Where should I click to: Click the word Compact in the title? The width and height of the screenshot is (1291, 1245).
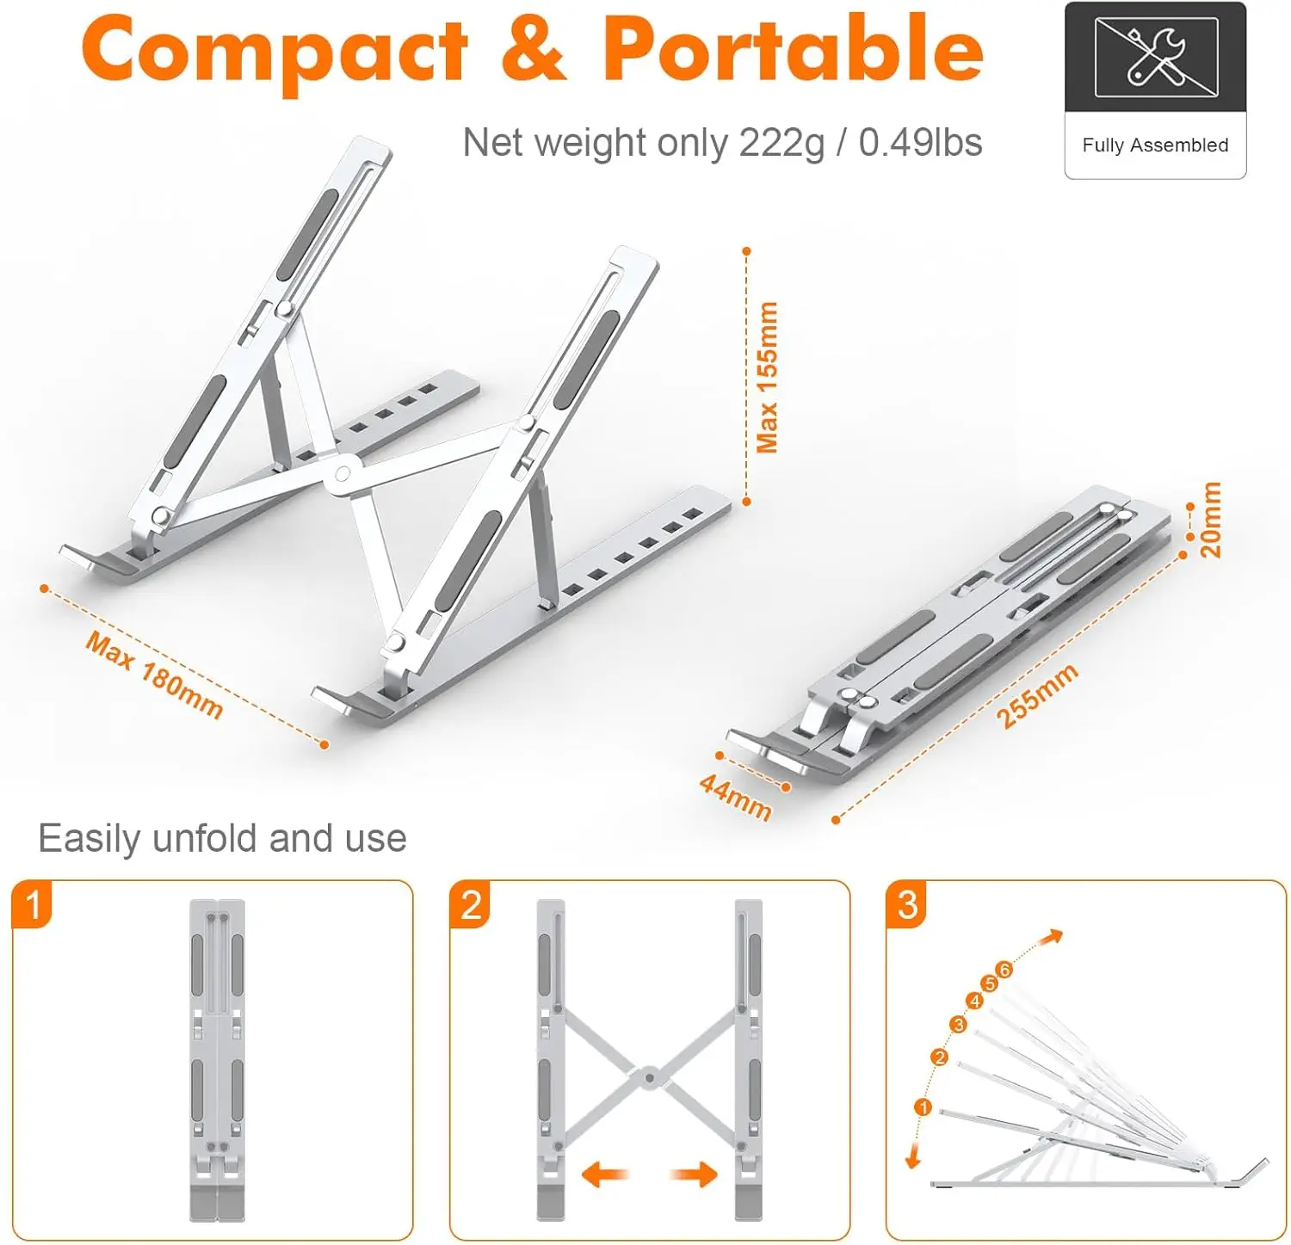275,50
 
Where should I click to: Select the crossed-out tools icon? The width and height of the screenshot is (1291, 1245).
1156,58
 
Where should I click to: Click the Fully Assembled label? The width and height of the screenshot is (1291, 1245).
1155,145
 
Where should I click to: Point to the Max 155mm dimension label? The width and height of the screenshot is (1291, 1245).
767,377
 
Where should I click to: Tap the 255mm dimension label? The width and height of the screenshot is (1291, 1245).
1037,696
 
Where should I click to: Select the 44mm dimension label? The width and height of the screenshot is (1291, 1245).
735,798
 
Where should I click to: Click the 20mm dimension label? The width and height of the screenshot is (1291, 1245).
1210,520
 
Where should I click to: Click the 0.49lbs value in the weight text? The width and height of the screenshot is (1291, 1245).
920,142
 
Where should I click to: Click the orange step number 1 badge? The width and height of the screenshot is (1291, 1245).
32,904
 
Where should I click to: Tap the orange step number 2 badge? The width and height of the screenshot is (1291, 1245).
470,904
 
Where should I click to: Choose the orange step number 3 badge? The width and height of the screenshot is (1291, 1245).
907,904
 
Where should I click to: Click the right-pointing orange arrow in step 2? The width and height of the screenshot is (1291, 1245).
695,1174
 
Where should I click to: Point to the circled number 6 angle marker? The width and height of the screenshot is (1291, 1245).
1004,970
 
